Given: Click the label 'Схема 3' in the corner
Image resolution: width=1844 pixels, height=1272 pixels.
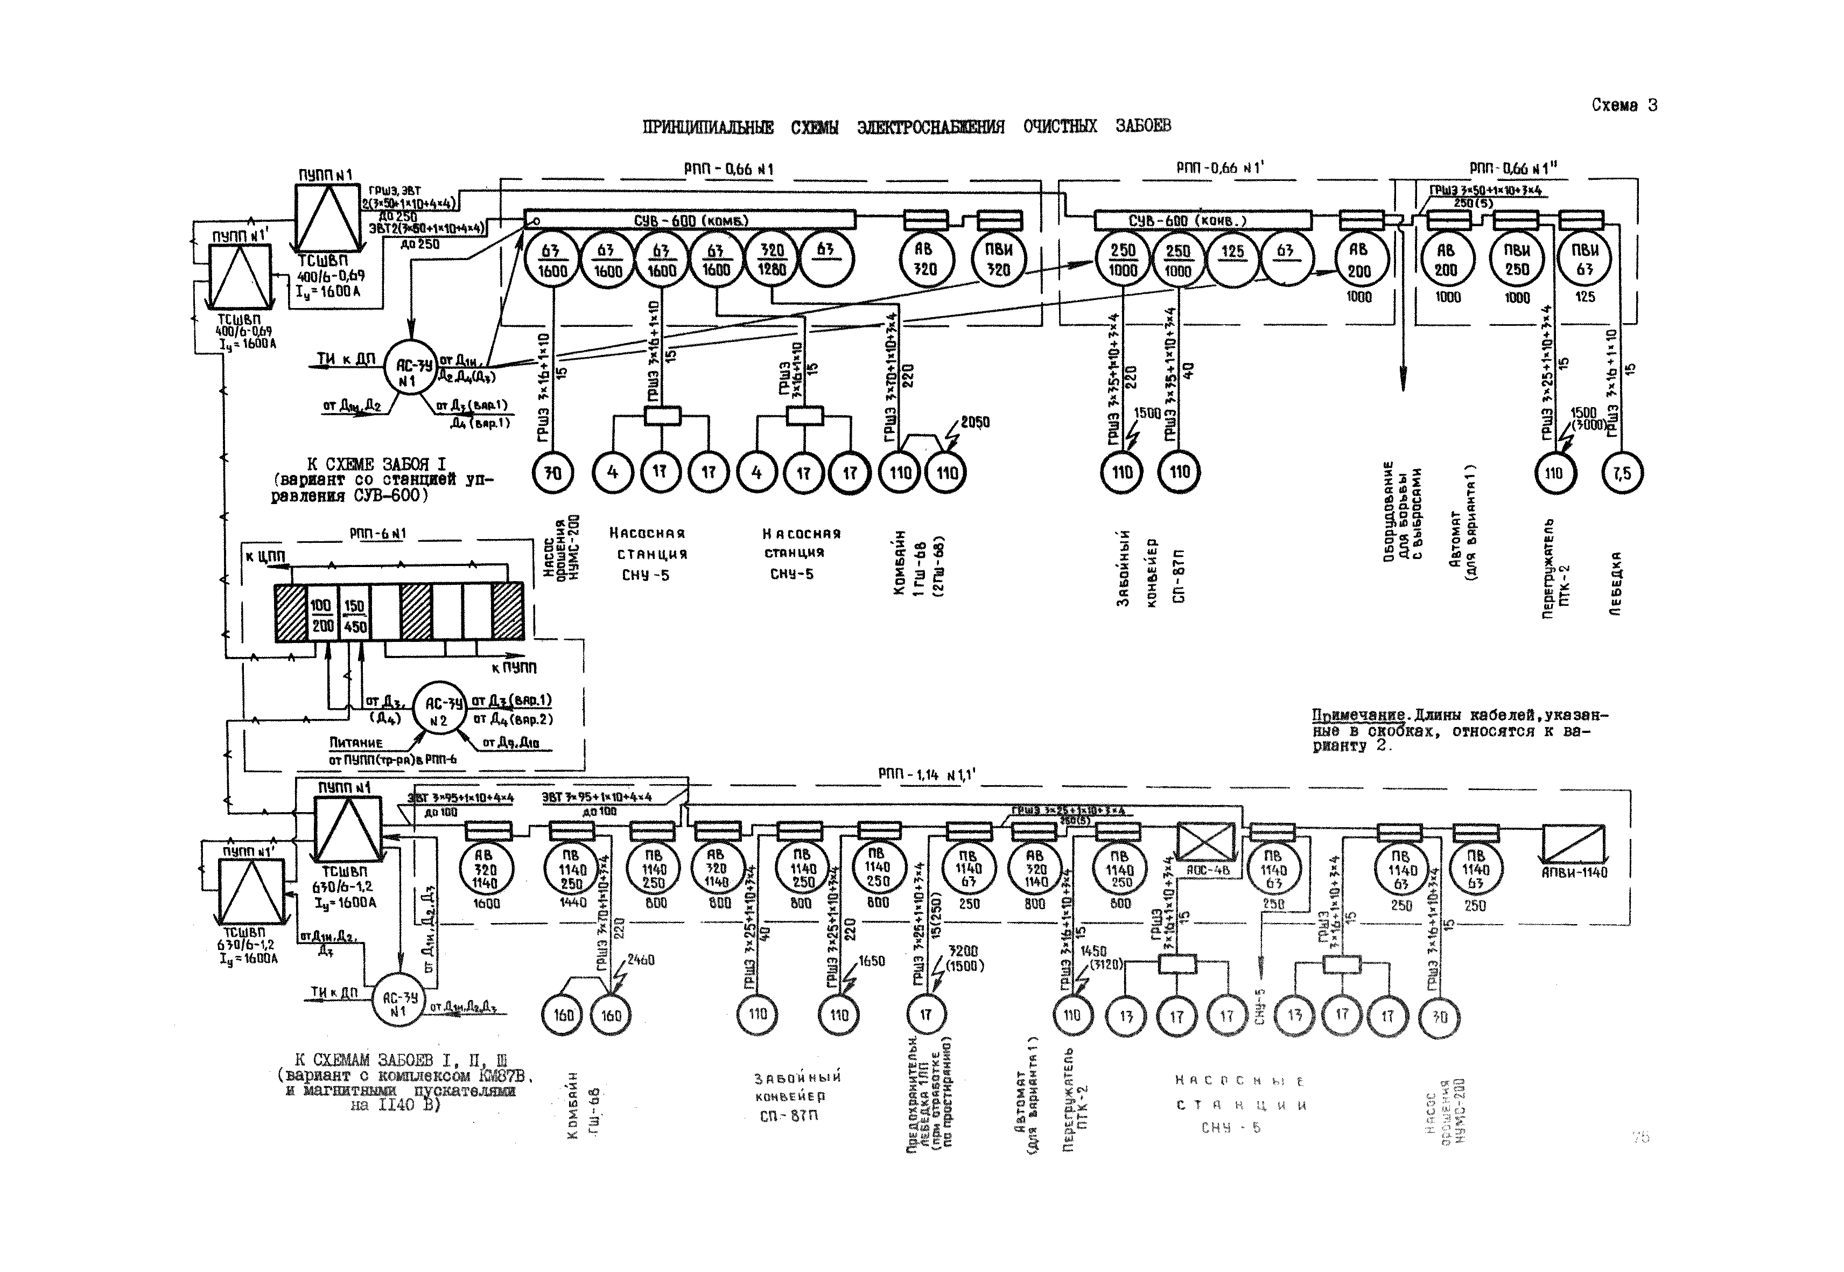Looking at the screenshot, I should pos(1623,105).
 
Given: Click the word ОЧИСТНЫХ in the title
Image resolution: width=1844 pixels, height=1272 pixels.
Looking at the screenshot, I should pos(1060,126).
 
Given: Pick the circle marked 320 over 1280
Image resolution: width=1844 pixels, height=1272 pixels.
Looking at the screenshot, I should pos(772,259).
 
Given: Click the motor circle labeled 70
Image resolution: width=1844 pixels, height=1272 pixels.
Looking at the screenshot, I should pos(552,473).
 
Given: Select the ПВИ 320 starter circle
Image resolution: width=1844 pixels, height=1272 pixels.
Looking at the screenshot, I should pos(999,260).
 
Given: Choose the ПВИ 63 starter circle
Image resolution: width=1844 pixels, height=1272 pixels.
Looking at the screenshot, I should pos(1584,260).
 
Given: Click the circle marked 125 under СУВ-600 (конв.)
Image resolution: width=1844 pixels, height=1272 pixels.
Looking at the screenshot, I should pos(1232,259).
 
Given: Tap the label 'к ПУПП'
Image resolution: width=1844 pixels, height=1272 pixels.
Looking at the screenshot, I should pos(513,667).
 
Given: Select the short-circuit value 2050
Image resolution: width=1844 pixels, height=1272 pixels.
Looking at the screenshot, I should pos(974,422).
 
